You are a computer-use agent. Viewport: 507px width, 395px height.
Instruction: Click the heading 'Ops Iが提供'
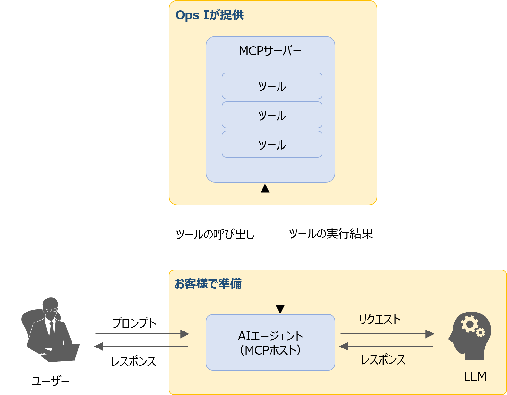tap(210, 15)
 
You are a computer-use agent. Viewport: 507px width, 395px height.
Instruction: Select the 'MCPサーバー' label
tap(270, 51)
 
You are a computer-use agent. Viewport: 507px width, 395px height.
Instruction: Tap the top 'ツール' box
tap(272, 86)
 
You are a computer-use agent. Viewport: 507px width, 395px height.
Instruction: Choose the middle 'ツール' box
tap(272, 115)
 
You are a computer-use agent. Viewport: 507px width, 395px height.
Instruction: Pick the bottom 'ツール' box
tap(272, 144)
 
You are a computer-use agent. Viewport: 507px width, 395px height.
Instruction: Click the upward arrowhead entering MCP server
tap(265, 188)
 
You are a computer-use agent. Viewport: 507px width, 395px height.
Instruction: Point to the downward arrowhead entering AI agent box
tap(280, 310)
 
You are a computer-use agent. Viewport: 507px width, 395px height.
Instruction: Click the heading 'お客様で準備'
tap(208, 284)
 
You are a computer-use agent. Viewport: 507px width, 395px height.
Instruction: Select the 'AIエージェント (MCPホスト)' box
tap(270, 343)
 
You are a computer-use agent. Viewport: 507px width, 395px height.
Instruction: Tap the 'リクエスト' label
tap(380, 320)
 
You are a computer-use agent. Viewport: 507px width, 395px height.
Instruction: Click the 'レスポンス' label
tap(383, 360)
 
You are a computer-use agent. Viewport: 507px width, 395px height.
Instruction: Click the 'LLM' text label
tap(475, 376)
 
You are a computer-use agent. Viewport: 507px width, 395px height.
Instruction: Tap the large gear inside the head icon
tap(469, 324)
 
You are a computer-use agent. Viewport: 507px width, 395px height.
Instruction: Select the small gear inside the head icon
tap(480, 333)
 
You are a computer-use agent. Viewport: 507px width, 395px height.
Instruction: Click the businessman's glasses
tap(51, 310)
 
